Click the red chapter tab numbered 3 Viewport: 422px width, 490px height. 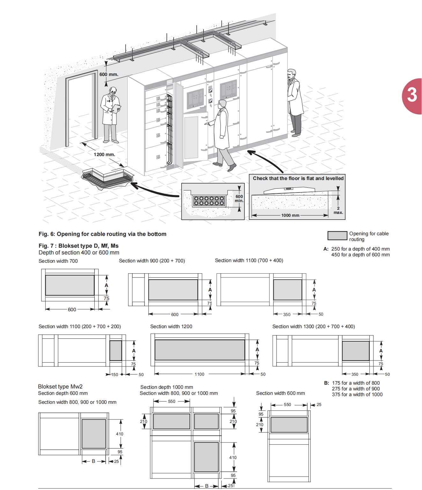tap(412, 95)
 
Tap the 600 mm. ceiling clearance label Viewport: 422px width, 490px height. tap(109, 74)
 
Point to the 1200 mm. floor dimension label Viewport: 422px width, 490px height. tap(104, 155)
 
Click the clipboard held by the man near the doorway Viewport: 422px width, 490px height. tap(117, 108)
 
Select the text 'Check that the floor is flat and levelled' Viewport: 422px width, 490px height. tap(298, 178)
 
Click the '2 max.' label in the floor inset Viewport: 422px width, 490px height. tap(338, 210)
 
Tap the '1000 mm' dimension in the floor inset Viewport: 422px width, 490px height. tap(290, 215)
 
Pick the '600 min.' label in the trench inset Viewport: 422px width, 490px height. tap(239, 199)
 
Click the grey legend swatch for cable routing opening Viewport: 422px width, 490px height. tap(337, 236)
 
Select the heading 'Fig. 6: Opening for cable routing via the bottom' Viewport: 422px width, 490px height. tap(102, 234)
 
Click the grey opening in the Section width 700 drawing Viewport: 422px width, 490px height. tap(70, 285)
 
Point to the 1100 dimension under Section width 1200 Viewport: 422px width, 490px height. tap(199, 374)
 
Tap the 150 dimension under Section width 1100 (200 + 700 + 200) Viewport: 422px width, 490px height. tap(115, 374)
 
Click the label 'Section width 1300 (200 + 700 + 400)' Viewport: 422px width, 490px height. tap(314, 327)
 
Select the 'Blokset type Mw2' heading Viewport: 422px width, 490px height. tap(60, 387)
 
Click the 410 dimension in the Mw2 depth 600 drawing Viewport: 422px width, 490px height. tap(120, 434)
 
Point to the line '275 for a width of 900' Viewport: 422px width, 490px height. tap(356, 389)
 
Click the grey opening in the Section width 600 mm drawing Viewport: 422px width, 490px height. tap(289, 425)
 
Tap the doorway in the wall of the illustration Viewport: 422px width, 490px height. tap(81, 109)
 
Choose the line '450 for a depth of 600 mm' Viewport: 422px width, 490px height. tap(360, 255)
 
